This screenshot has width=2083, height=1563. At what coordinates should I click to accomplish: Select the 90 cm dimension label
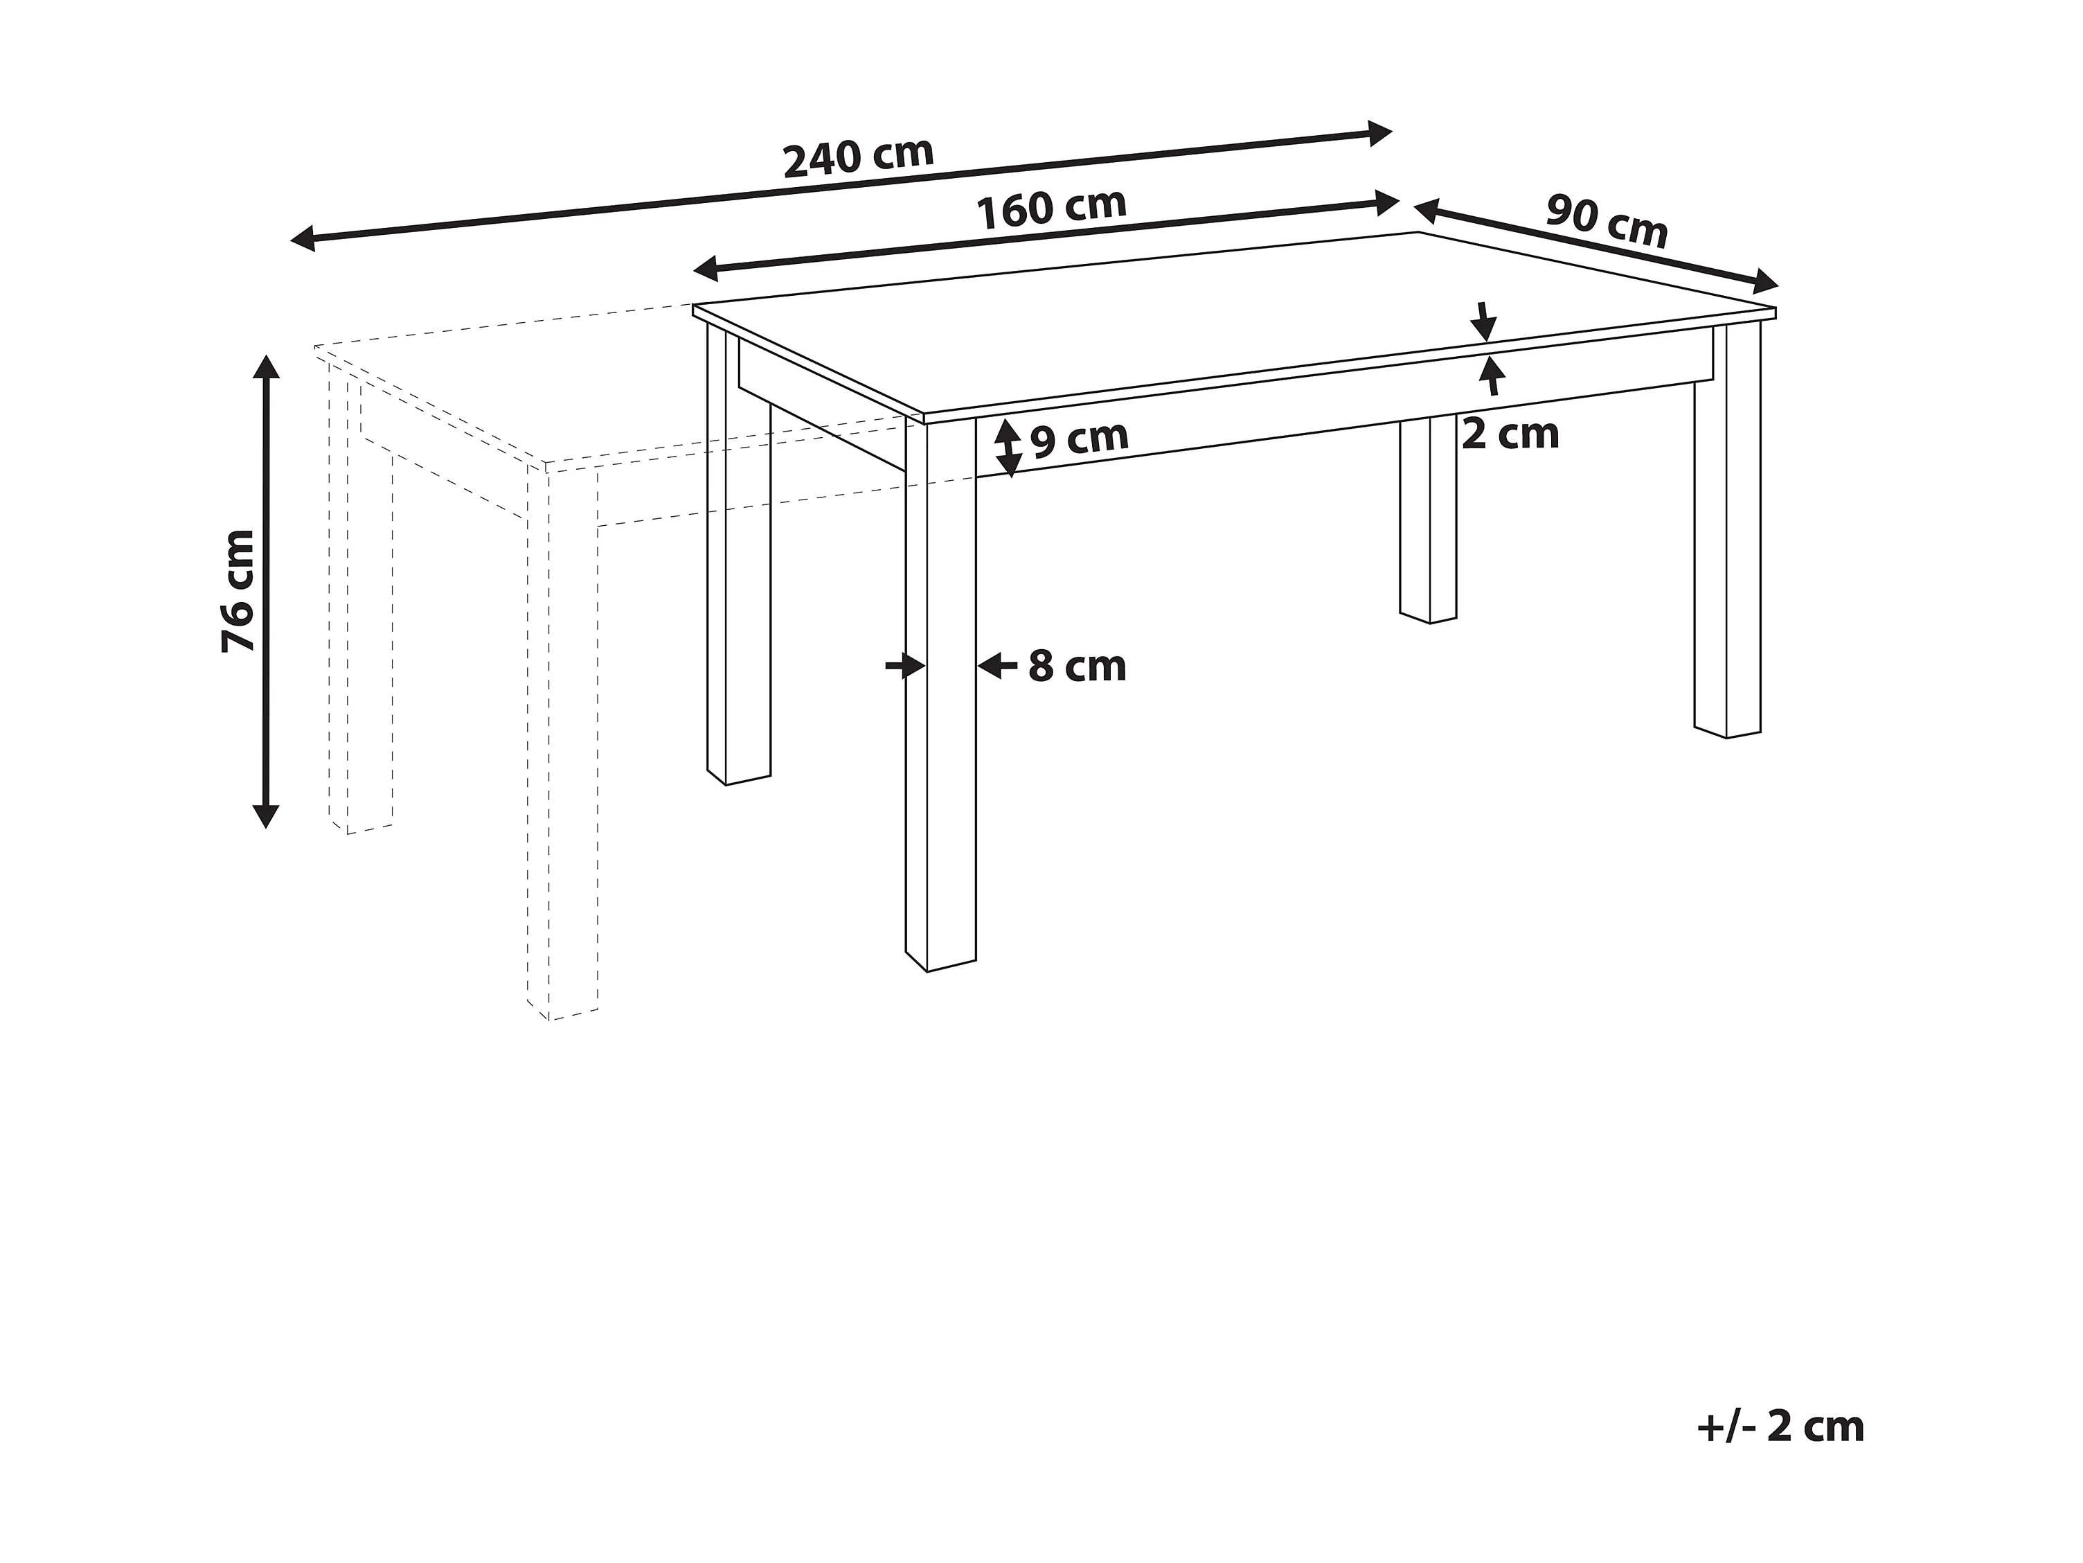pyautogui.click(x=1607, y=222)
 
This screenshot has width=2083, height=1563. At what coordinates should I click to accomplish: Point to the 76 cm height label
pyautogui.click(x=238, y=591)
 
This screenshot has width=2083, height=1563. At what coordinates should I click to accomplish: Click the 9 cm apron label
pyautogui.click(x=1079, y=438)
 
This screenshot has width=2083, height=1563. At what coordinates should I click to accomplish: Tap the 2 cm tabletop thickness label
pyautogui.click(x=1510, y=434)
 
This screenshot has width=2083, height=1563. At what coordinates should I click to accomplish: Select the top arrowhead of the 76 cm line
pyautogui.click(x=267, y=367)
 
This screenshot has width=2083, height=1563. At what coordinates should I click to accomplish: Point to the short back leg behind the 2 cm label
pyautogui.click(x=1429, y=528)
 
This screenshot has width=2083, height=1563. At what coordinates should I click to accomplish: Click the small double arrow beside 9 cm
pyautogui.click(x=1008, y=448)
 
